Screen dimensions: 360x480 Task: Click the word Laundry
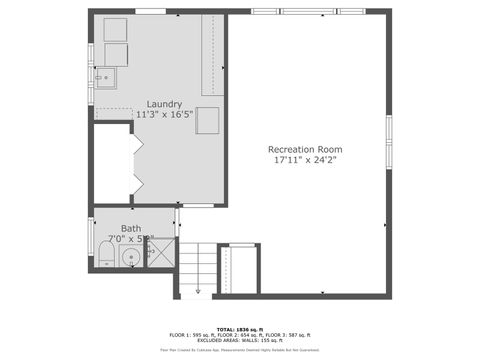click(x=164, y=104)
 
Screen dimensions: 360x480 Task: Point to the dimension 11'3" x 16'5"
click(x=164, y=115)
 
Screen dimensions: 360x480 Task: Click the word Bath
click(x=131, y=228)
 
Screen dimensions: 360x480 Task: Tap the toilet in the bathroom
click(x=105, y=258)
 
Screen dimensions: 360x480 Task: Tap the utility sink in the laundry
click(x=106, y=76)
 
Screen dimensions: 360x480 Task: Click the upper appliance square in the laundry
click(x=115, y=30)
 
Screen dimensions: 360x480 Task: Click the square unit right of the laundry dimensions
click(x=207, y=120)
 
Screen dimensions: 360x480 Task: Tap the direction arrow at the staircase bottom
click(x=198, y=291)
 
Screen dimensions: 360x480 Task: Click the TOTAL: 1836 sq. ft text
click(x=239, y=328)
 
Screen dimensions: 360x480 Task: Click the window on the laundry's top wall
click(x=150, y=11)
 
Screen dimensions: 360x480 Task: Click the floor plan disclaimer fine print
click(x=239, y=350)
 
